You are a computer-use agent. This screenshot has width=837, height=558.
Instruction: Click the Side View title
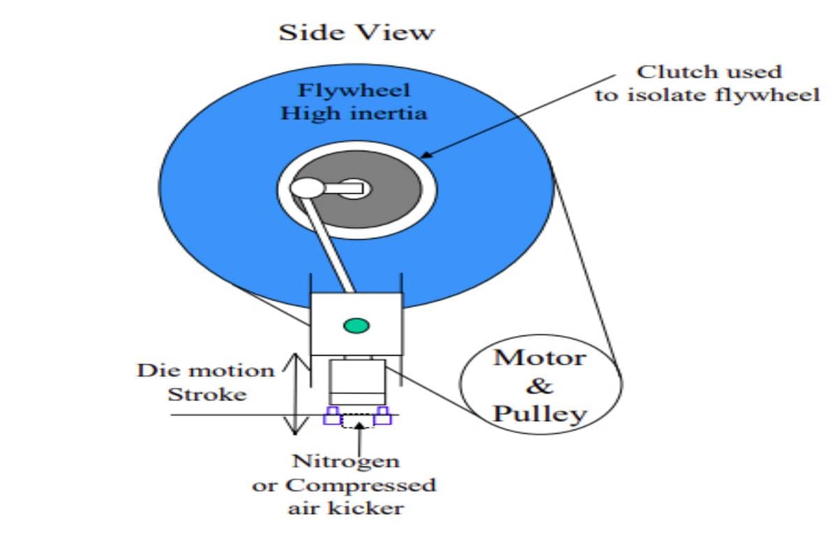click(356, 32)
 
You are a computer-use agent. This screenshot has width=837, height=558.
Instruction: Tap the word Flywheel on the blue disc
click(345, 91)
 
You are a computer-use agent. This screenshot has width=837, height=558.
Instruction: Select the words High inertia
click(353, 112)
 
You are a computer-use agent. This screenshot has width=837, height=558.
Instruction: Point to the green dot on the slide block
click(356, 325)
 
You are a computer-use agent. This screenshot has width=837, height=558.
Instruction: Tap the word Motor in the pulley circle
click(540, 358)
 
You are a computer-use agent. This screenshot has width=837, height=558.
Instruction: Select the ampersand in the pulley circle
click(540, 385)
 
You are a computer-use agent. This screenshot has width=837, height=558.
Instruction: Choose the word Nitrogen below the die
click(346, 461)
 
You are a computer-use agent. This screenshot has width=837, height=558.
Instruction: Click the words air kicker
click(346, 507)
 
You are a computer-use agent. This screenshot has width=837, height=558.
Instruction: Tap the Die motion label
click(206, 370)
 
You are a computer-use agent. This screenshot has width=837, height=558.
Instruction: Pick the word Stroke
click(207, 394)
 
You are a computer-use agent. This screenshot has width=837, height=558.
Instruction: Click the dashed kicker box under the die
click(357, 420)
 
